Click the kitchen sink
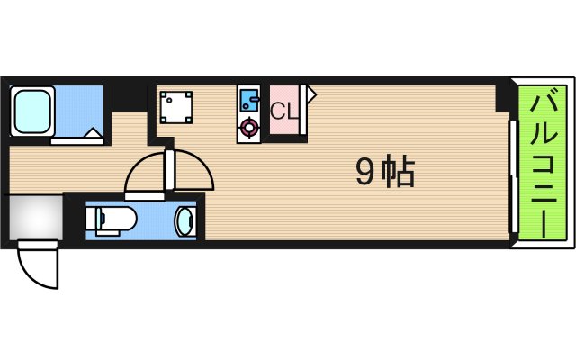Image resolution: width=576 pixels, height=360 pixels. (249, 97)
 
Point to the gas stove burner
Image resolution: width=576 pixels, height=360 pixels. (249, 129)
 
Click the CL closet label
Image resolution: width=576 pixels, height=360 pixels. (285, 112)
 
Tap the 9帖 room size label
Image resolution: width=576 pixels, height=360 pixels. (384, 171)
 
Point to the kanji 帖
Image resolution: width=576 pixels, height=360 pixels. (399, 171)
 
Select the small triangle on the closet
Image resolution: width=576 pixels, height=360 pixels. (310, 92)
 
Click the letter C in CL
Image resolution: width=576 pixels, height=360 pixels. (278, 112)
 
